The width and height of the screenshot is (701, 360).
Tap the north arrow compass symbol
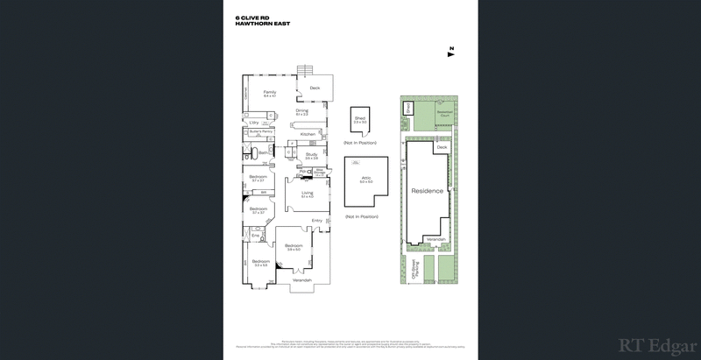click(x=450, y=50)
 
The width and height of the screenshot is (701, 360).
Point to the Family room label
click(x=270, y=92)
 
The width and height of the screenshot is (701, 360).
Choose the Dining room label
click(x=301, y=110)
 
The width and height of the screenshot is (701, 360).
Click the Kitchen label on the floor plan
click(x=307, y=134)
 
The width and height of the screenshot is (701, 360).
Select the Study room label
click(x=310, y=155)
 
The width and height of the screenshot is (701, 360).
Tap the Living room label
click(x=307, y=193)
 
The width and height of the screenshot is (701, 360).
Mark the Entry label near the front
click(x=316, y=220)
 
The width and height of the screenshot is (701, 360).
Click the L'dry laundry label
click(x=254, y=122)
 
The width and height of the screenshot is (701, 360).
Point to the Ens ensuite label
click(x=255, y=236)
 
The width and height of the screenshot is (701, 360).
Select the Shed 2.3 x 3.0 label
click(x=359, y=118)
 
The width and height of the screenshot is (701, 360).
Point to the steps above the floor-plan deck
click(x=307, y=70)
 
